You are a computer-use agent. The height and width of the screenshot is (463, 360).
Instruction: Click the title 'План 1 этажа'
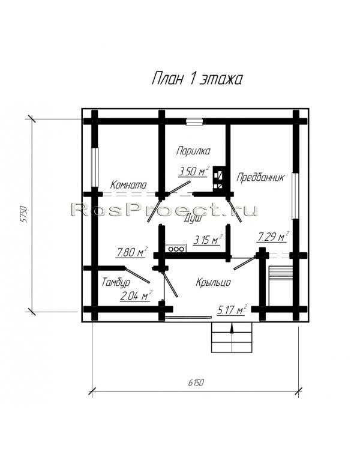[197, 79]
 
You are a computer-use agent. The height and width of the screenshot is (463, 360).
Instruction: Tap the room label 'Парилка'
[193, 151]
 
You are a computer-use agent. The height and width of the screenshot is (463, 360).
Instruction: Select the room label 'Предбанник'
[260, 178]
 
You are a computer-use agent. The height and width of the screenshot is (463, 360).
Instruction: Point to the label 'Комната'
[128, 185]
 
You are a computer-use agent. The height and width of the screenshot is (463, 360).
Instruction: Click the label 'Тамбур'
[116, 282]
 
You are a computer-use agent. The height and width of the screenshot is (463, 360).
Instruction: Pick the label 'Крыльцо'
[213, 282]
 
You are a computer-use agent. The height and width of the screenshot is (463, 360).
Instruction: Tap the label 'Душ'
[193, 219]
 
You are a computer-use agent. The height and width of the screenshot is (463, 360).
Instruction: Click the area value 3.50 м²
[194, 171]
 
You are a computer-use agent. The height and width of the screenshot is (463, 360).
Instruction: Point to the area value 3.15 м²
[208, 240]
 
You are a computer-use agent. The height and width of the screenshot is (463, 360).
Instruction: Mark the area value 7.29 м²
[273, 237]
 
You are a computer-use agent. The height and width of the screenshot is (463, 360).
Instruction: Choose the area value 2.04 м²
[136, 295]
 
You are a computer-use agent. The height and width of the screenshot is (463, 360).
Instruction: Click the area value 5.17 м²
[232, 310]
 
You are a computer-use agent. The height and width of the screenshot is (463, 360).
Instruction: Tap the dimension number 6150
[196, 383]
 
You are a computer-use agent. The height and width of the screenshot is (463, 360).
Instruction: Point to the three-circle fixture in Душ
[176, 249]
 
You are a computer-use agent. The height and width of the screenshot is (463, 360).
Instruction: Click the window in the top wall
[194, 121]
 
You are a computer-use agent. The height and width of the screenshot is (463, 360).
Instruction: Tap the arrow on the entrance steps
[232, 328]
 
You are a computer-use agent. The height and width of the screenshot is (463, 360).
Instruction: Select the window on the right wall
[295, 196]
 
